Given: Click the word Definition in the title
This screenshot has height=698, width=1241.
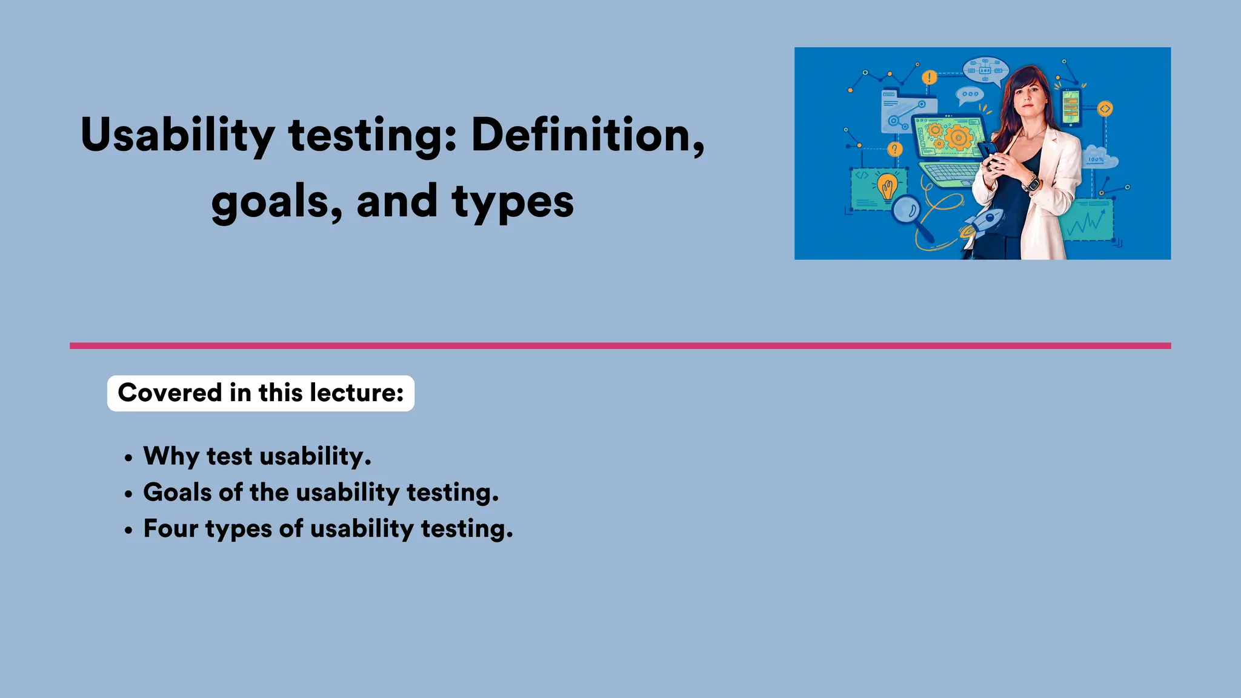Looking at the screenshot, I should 587,135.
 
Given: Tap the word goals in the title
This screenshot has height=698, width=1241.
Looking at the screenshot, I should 276,202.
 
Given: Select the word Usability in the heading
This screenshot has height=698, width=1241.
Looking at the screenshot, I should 177,135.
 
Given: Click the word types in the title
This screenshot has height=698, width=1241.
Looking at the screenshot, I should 512,202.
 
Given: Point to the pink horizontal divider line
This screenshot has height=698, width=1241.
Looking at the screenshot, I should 620,346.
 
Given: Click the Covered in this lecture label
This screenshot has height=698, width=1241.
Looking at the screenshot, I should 261,393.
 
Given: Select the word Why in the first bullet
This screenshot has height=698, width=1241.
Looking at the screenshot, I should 170,456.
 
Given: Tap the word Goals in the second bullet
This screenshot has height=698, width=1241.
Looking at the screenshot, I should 177,493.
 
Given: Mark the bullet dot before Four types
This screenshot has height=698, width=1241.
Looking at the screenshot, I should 128,530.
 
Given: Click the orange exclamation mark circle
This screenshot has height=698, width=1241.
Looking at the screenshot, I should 929,78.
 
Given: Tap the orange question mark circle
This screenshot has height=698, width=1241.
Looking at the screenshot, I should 894,149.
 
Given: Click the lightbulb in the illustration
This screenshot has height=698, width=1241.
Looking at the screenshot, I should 887,186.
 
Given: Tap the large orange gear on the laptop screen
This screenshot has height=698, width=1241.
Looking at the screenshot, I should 959,137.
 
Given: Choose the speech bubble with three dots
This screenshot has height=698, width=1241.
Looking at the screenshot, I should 970,94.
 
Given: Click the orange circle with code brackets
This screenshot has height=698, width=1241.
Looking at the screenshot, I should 1105,109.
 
